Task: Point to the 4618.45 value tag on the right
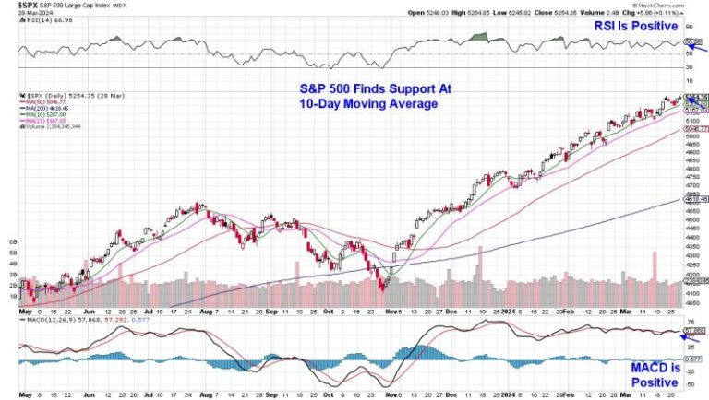(x=695, y=199)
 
